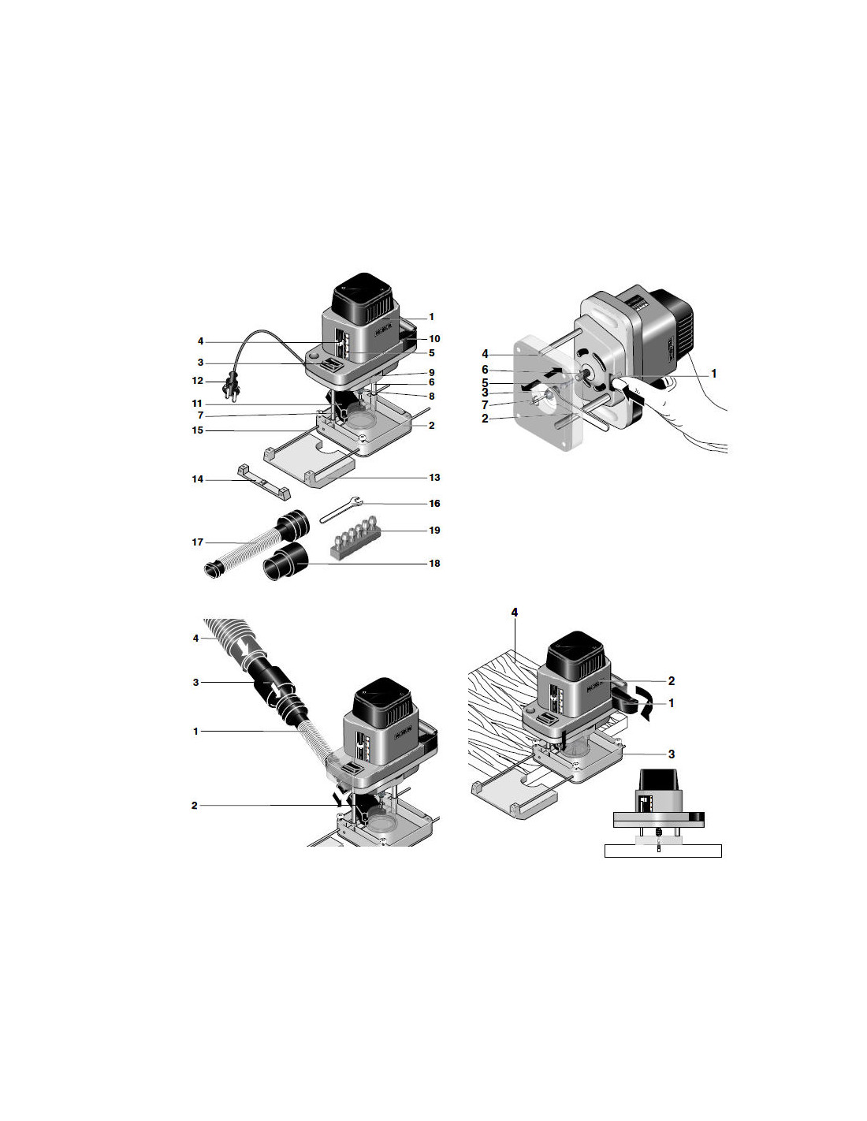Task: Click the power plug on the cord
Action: pos(231,389)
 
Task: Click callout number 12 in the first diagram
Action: pos(198,382)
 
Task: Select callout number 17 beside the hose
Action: pos(198,542)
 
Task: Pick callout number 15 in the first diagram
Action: pos(198,430)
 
